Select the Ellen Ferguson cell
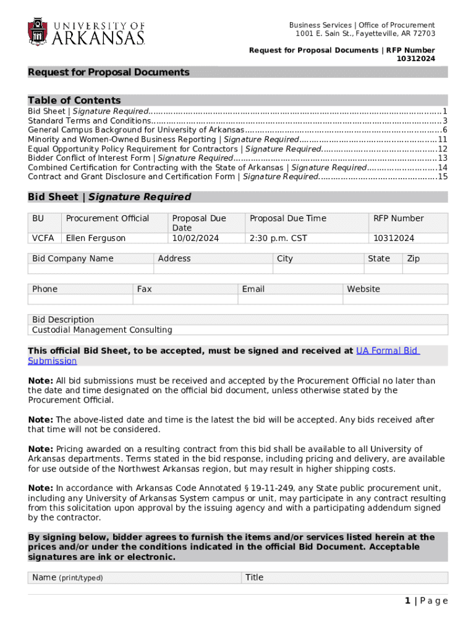point(96,238)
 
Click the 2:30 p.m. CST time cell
point(278,238)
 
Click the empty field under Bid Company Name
point(90,269)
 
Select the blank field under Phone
point(80,299)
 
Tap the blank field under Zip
point(426,269)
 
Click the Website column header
point(363,289)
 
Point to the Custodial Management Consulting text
point(102,330)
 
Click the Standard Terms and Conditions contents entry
point(90,121)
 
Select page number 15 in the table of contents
point(442,176)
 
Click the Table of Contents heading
point(74,100)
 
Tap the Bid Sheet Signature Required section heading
point(109,197)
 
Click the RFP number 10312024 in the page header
point(415,59)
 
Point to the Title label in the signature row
point(254,577)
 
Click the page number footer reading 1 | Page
point(426,601)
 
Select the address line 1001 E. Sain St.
point(365,33)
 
